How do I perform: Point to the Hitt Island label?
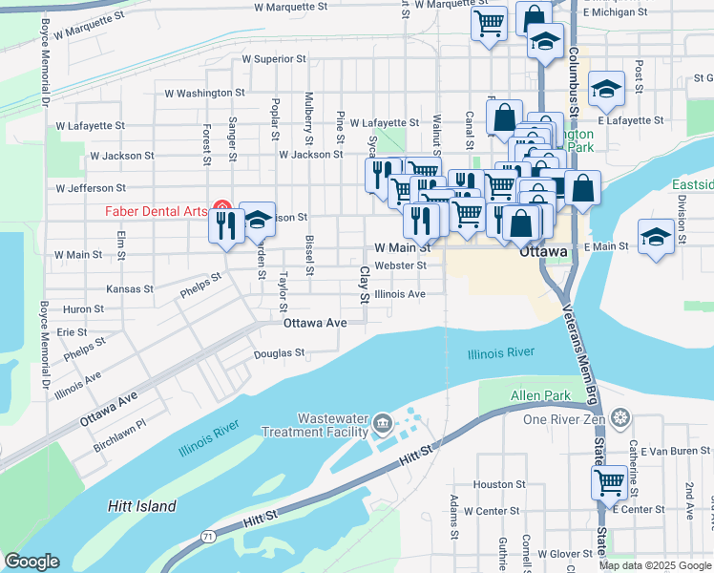coord(141,506)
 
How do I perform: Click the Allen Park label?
coord(539,395)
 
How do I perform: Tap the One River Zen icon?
coord(621,418)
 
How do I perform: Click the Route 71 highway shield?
coord(207,539)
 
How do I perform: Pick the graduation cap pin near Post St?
coord(606,89)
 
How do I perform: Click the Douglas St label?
coord(279,353)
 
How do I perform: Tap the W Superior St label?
coord(274,58)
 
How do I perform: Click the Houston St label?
coord(493,485)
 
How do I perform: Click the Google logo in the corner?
coord(31,562)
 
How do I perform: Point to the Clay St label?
coord(364,285)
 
